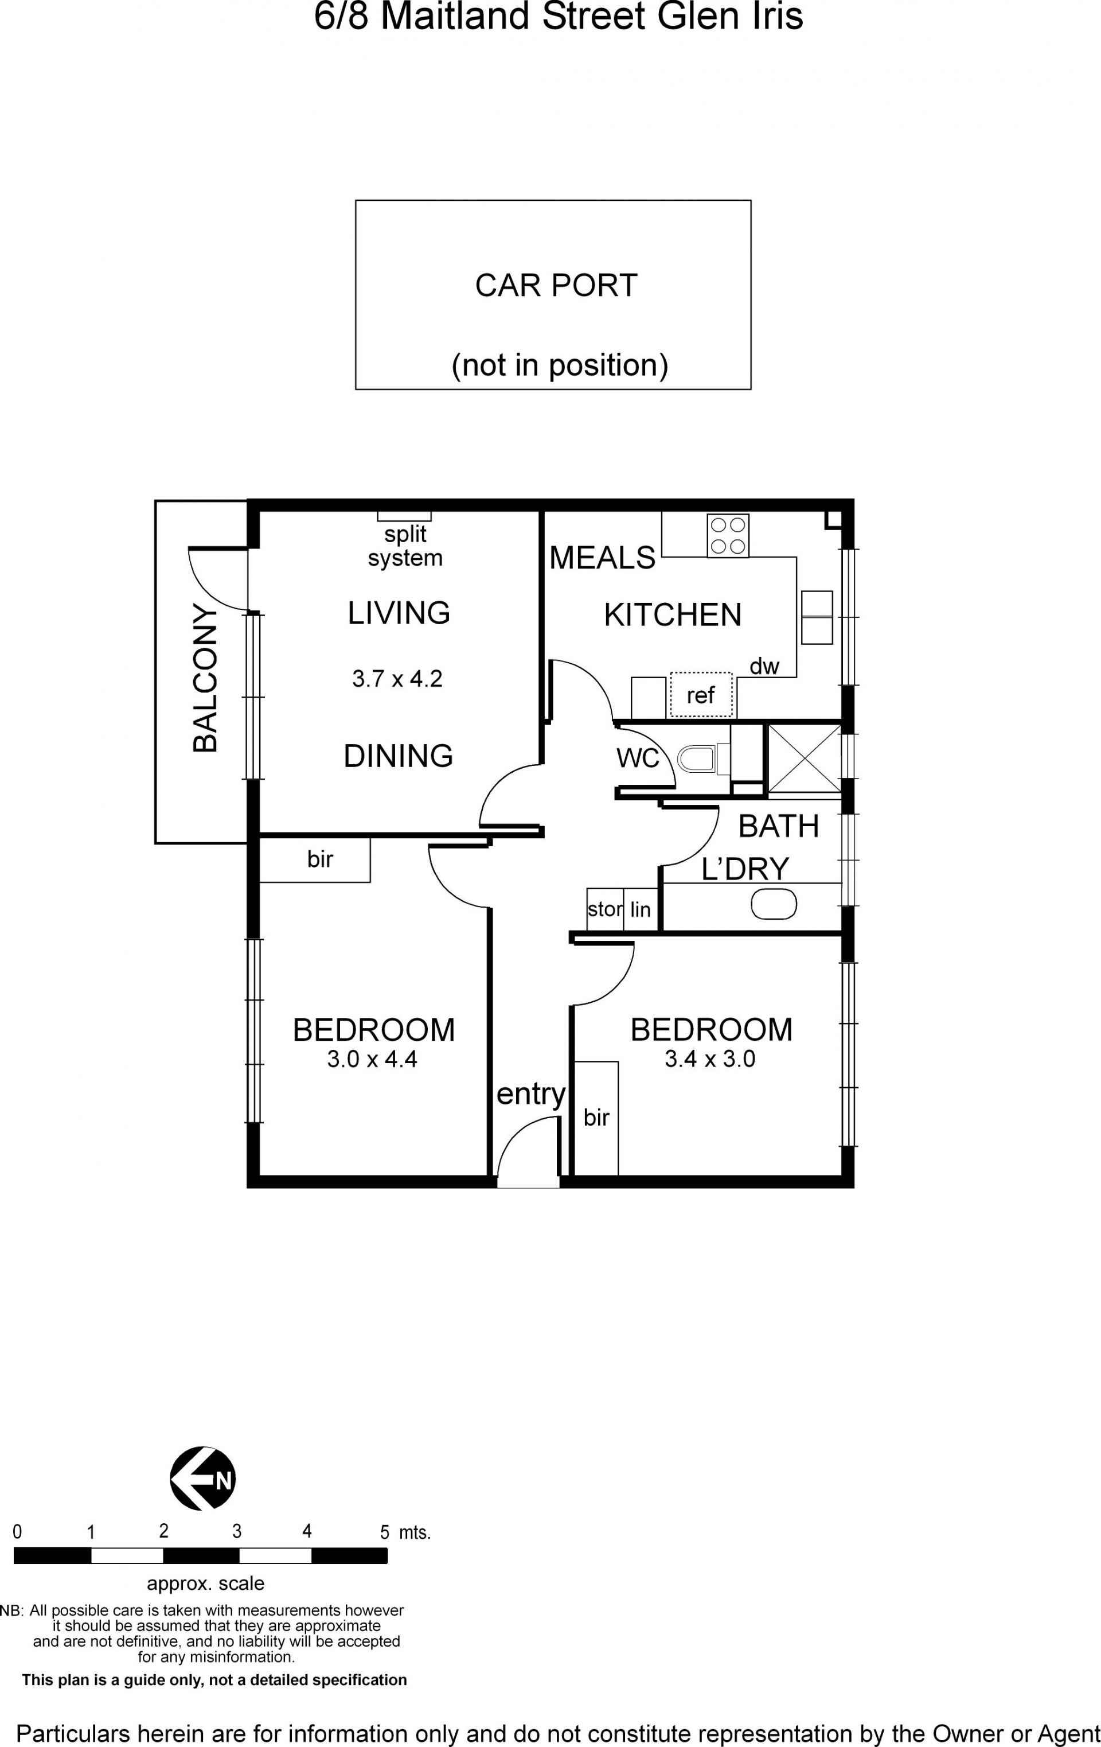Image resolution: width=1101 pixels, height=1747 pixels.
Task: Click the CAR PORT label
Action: (556, 285)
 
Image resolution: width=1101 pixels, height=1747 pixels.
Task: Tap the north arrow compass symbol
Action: (203, 1478)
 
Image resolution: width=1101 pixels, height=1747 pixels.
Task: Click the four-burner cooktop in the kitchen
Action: (728, 535)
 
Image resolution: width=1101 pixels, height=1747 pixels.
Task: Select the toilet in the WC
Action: (696, 759)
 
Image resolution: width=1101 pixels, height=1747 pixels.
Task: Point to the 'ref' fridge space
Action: (701, 694)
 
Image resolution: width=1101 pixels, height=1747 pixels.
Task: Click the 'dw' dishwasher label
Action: (764, 666)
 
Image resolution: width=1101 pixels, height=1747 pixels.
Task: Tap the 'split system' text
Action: (405, 546)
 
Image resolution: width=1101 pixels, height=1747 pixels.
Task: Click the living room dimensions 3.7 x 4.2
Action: (397, 678)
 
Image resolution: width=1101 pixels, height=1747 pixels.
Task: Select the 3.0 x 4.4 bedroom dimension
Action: (372, 1059)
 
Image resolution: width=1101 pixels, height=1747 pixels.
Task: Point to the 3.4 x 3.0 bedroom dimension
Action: (710, 1059)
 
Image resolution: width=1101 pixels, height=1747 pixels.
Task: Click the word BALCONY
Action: (205, 677)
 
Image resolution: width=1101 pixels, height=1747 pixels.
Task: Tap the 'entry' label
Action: (531, 1094)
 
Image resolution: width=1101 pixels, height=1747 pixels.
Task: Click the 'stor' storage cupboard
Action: (605, 909)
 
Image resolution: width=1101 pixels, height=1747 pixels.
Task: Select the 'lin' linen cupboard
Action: (641, 909)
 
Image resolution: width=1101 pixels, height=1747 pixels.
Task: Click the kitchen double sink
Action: (817, 617)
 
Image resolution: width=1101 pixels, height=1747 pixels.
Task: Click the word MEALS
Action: (602, 558)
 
